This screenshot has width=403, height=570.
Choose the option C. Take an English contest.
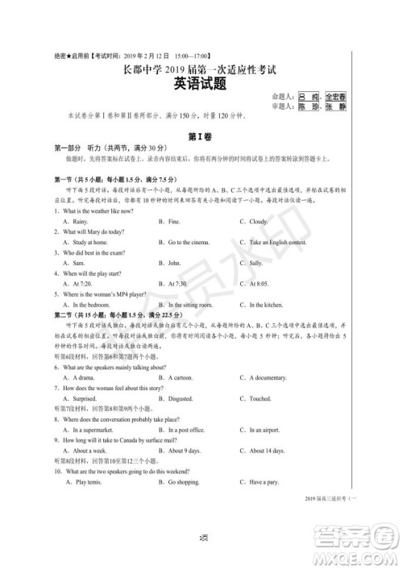pyautogui.click(x=278, y=242)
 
